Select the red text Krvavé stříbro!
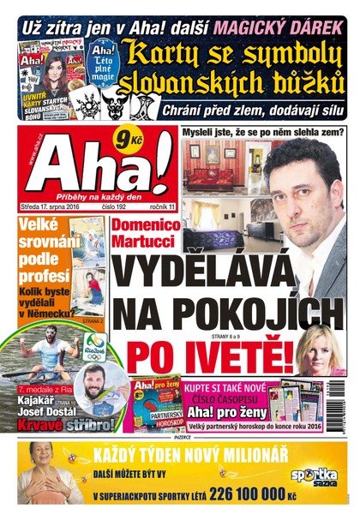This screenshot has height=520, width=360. [55, 425]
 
